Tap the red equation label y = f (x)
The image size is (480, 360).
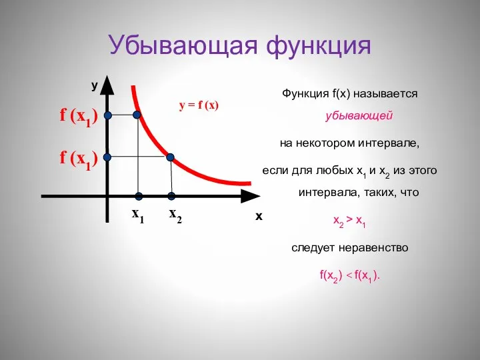(199, 105)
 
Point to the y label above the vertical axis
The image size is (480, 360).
(95, 85)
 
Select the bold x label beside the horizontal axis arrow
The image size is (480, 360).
(259, 217)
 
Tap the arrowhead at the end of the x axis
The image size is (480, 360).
(250, 196)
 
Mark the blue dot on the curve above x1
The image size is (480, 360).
(137, 115)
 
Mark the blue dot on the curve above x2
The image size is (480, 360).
(171, 157)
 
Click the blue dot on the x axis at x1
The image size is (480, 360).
(139, 196)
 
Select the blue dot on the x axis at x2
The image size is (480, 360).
(171, 196)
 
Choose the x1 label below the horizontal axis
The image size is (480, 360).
(137, 215)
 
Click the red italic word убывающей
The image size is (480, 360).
(359, 115)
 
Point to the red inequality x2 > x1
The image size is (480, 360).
(349, 220)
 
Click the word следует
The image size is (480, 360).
(315, 247)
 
